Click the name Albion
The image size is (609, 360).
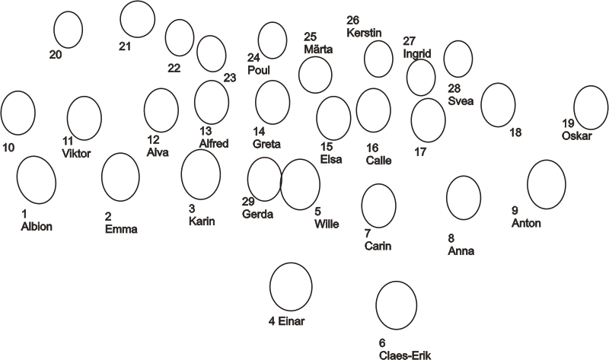coord(37,226)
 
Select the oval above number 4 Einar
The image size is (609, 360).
coord(291,286)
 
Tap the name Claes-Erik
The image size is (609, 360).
coord(404,355)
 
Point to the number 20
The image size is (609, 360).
coord(55,54)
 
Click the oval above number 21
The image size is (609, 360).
coord(137,19)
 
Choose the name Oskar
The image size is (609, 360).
coord(577,135)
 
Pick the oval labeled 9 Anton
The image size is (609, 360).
coord(546,183)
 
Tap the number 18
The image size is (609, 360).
coord(515,132)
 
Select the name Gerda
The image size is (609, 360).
coord(257,214)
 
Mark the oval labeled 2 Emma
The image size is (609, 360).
coord(120,177)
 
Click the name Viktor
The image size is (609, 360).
coord(76,153)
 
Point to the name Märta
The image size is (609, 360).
coord(318,49)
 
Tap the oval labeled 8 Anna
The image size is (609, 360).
coord(464,197)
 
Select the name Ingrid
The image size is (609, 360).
coord(418,54)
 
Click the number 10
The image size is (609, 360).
coord(8,147)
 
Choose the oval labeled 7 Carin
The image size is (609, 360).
coord(378,205)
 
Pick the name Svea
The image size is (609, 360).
coord(461,100)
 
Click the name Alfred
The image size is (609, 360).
coord(213,143)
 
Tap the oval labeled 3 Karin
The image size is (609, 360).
coord(201,174)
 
